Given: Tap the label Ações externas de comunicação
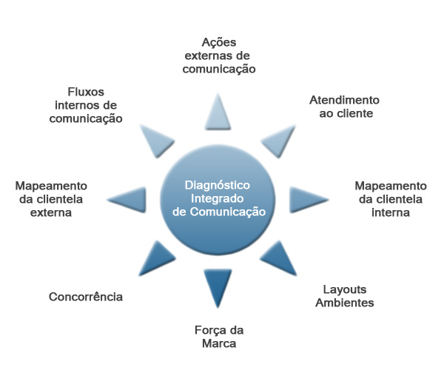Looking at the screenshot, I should (x=219, y=55).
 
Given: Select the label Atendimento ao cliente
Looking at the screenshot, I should (x=344, y=107).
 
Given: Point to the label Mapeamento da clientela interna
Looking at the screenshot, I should (x=390, y=198).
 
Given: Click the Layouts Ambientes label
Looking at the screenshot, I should (x=345, y=295).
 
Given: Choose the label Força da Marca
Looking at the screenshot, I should (x=220, y=337).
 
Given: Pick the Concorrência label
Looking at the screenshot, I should (x=86, y=297).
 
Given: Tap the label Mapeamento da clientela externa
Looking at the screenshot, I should (x=51, y=198).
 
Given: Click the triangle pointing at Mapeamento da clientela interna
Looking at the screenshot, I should (x=306, y=198).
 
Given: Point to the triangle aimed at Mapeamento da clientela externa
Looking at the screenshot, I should (x=129, y=198).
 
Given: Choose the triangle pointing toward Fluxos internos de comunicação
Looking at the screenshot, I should (x=158, y=138).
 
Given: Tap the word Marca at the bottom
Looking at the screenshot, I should (x=220, y=343).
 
